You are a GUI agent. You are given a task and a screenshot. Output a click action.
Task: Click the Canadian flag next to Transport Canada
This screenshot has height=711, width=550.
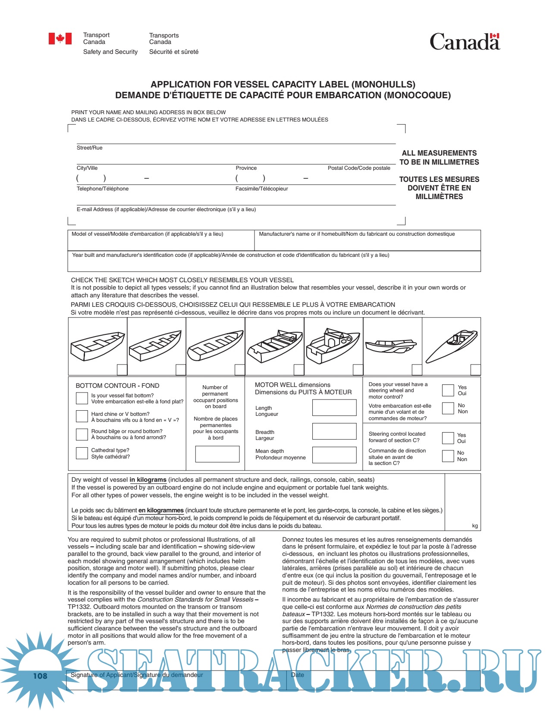(60, 39)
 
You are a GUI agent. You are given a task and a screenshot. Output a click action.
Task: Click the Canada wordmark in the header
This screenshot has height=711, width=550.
(465, 42)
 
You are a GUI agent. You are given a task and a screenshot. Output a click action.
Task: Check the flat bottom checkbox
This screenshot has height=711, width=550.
(82, 398)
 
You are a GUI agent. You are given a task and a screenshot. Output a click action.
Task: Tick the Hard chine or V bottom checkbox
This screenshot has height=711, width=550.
(82, 416)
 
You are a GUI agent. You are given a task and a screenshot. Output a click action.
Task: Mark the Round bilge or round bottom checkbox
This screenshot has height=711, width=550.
(82, 434)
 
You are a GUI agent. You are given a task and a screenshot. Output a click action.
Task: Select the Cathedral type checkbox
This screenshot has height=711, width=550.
(82, 453)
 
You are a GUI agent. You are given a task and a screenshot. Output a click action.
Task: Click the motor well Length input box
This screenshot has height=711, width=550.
(334, 408)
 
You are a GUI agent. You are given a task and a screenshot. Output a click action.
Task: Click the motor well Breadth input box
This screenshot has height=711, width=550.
(334, 431)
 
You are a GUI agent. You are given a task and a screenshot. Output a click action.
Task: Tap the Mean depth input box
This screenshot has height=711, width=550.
(334, 455)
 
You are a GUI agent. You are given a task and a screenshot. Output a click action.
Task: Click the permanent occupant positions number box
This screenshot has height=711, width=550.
(217, 454)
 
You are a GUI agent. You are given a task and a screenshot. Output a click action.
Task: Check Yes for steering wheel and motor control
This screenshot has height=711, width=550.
(448, 390)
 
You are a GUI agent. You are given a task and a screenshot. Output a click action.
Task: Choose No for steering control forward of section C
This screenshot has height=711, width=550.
(448, 456)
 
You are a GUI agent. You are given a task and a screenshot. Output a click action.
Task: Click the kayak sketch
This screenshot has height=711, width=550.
(452, 346)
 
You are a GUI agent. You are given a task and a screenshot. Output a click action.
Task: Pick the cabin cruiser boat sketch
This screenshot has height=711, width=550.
(333, 345)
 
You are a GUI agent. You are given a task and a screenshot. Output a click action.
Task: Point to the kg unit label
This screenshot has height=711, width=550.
(475, 526)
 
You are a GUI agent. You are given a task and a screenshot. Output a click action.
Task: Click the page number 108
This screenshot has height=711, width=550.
(40, 676)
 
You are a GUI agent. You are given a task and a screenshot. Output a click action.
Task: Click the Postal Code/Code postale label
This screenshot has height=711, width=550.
(359, 168)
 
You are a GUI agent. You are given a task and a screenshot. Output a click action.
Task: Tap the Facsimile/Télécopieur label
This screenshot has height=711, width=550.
(261, 189)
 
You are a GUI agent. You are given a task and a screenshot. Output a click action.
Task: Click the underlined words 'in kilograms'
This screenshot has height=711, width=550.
(148, 480)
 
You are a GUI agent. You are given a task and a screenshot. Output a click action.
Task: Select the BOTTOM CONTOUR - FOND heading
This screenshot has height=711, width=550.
(117, 386)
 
